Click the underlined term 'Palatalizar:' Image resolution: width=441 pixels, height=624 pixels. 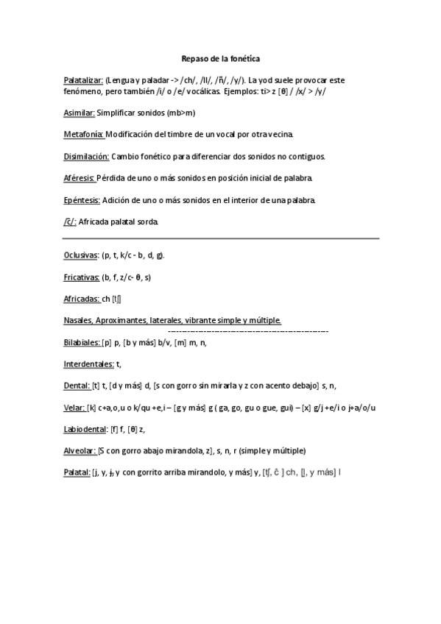coord(83,79)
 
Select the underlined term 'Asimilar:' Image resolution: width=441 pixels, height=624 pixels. coord(80,113)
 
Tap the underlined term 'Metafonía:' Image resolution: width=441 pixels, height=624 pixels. coord(83,135)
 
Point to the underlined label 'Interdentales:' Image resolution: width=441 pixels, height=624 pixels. coord(88,364)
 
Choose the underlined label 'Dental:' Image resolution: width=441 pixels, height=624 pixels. coord(77,385)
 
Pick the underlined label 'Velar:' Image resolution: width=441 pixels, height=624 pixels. coord(74,407)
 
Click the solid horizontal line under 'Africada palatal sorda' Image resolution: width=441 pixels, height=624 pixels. coord(221,238)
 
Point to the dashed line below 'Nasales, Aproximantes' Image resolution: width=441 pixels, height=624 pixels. coord(243,332)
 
